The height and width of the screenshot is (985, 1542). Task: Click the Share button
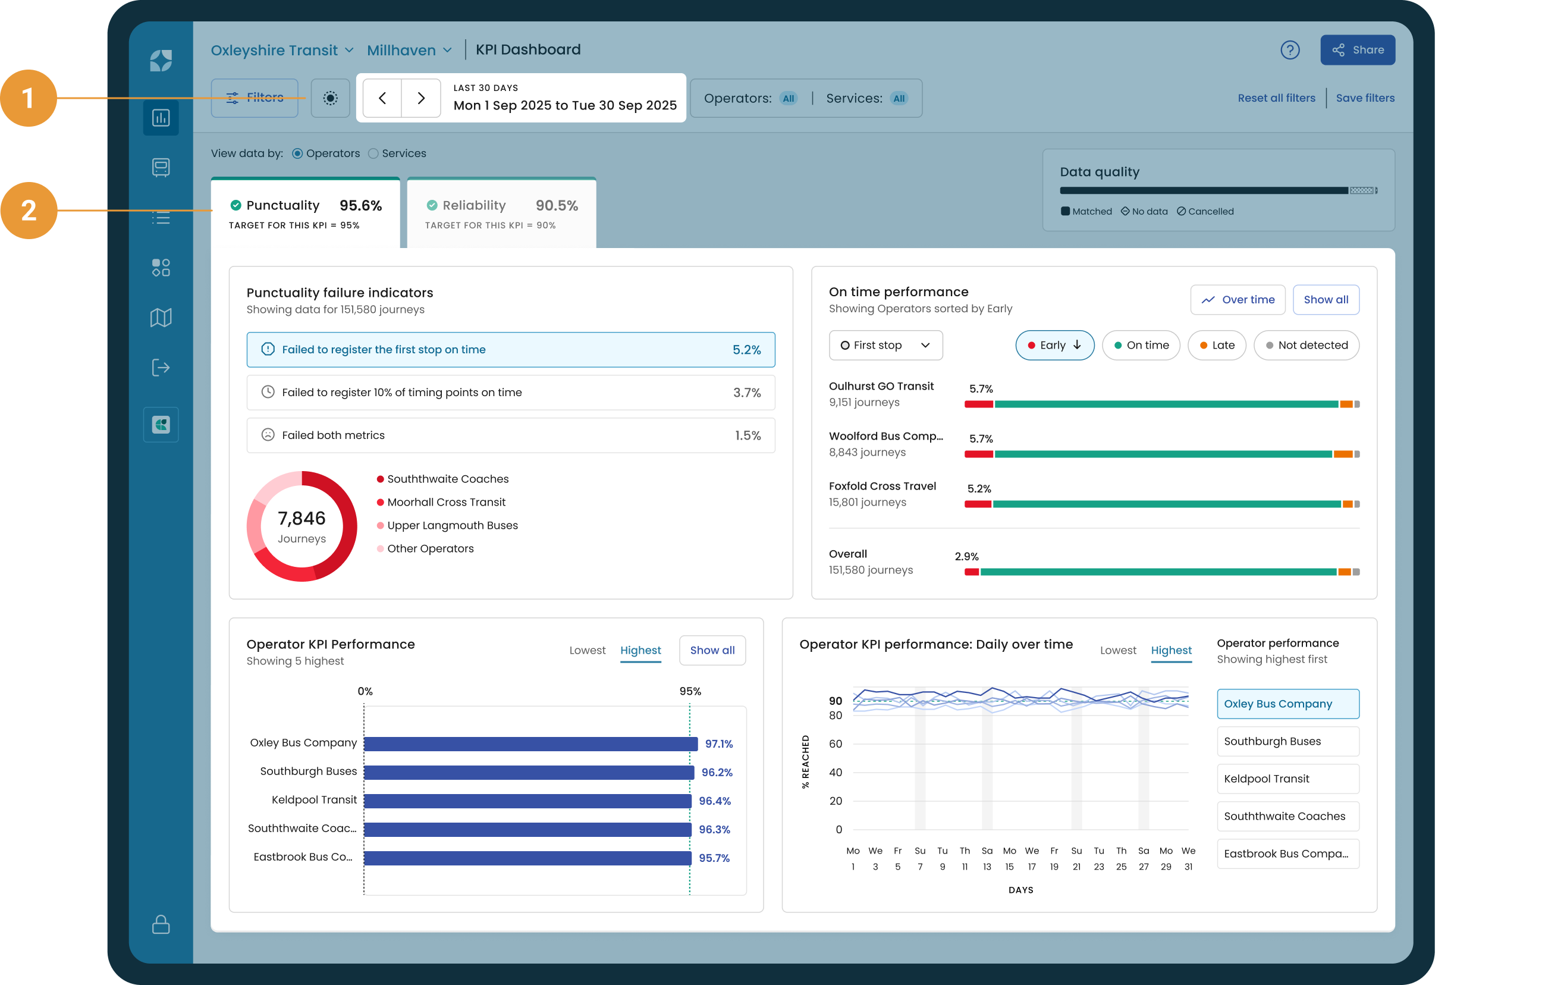click(1357, 50)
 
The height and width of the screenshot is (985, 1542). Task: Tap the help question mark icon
click(1290, 50)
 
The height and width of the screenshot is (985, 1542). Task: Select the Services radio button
click(373, 153)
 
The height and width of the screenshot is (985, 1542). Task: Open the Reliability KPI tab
click(501, 214)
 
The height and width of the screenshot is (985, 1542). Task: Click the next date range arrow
click(420, 98)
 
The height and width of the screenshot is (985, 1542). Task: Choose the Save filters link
click(1365, 98)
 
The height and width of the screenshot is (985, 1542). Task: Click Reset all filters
click(1276, 98)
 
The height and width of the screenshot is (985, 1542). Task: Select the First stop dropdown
click(885, 345)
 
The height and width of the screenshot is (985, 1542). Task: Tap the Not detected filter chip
click(1307, 345)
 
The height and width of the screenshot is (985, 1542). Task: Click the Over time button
click(1237, 300)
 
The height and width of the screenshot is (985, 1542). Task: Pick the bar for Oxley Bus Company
click(531, 744)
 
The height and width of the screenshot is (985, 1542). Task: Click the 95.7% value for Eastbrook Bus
click(714, 858)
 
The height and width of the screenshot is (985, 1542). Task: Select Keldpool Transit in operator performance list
click(1287, 779)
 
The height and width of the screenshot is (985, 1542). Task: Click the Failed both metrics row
click(510, 435)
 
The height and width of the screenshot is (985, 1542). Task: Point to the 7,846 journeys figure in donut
click(302, 518)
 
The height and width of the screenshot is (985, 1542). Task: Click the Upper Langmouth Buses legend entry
click(448, 525)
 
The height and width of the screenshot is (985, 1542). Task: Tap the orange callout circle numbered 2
click(29, 211)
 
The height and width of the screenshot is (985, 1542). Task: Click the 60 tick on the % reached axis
click(835, 744)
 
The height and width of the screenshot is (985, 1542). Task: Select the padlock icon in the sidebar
click(161, 924)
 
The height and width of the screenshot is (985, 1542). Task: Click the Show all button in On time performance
click(1326, 300)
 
